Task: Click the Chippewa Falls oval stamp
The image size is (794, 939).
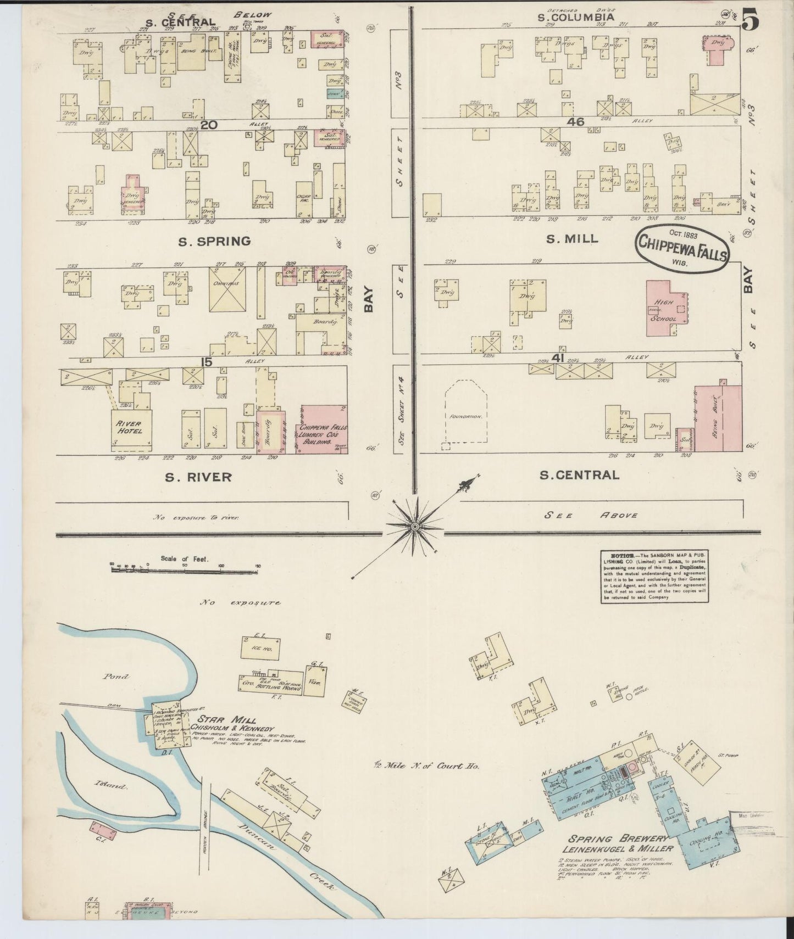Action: pos(682,250)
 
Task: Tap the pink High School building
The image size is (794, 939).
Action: pos(666,308)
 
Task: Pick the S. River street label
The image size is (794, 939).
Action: pos(198,477)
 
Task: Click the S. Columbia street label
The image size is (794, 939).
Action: pos(575,17)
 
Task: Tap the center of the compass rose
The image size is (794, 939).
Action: pos(415,527)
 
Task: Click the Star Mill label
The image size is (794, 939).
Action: pos(227,719)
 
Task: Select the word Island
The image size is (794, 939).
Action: pos(110,786)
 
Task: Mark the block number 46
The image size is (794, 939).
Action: pos(576,122)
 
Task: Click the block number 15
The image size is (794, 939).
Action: pos(206,361)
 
